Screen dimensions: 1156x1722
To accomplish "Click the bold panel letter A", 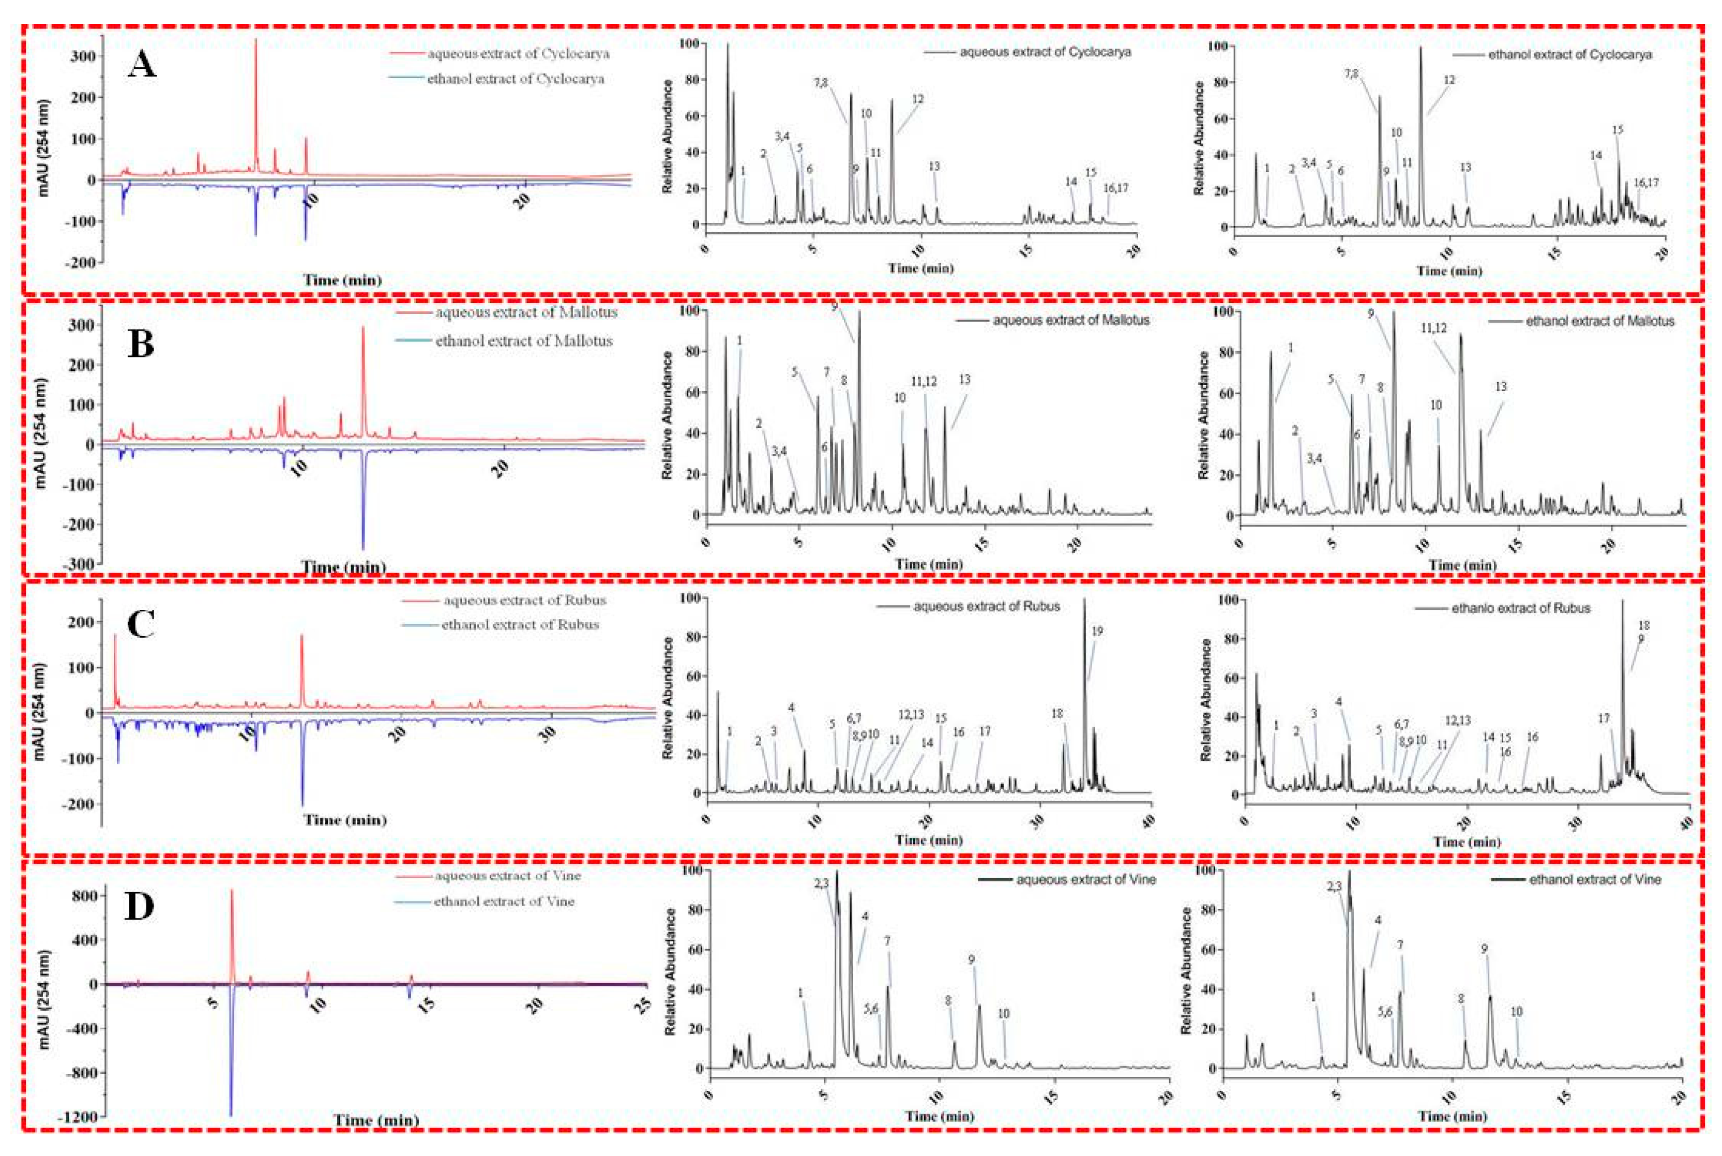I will pos(142,66).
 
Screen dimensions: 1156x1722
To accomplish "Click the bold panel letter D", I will pos(141,906).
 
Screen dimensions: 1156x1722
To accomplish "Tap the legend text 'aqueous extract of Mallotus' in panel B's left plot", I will pos(525,312).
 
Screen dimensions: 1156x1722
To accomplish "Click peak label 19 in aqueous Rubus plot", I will pos(1097,631).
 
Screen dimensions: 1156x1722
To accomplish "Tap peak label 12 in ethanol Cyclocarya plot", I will pos(1448,80).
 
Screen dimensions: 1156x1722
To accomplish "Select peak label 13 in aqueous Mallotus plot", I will pos(964,380).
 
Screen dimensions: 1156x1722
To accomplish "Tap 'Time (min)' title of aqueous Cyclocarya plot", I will pos(920,268).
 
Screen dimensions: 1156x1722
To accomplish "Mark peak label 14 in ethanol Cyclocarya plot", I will pos(1596,156).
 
